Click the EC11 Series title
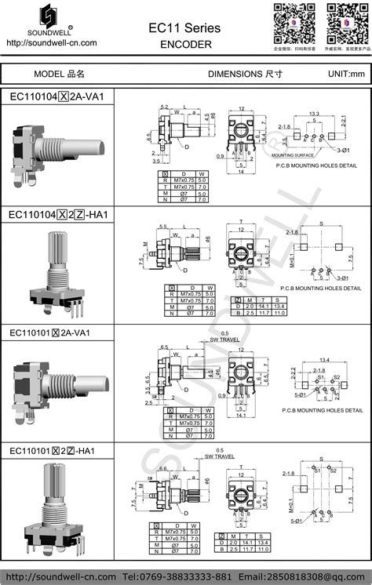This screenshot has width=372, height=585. coord(185,27)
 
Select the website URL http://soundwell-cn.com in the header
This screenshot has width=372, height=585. coord(51,43)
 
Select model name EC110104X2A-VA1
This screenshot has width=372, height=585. coord(57,96)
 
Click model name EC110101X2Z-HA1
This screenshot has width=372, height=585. coord(57,451)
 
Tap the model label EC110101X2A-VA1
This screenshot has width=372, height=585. coord(57,332)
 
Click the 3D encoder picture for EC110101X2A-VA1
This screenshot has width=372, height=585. coord(59,388)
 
